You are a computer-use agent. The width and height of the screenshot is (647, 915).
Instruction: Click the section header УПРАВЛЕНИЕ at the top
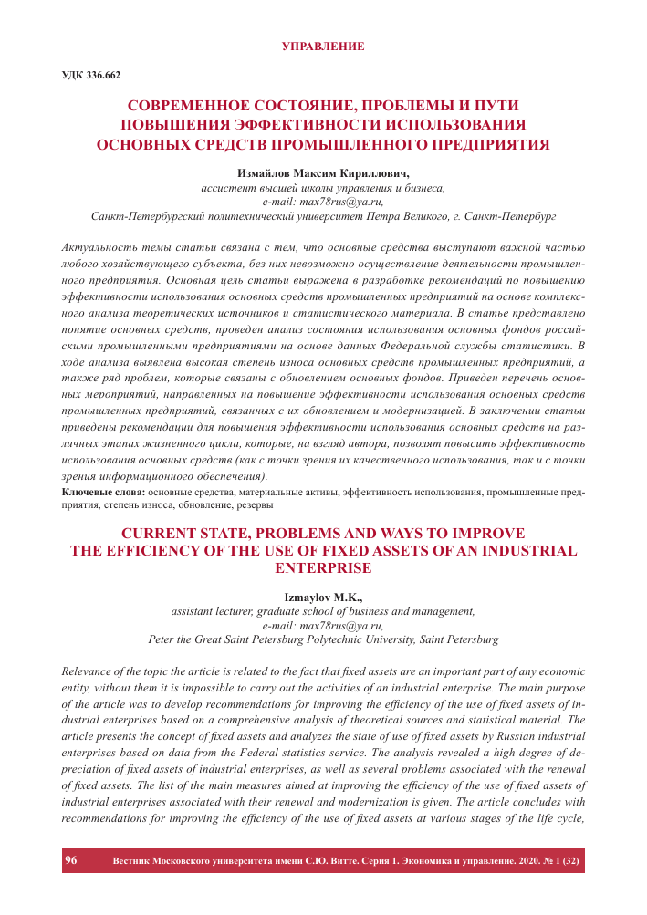(323, 46)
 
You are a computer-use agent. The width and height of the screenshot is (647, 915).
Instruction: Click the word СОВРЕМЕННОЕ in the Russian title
(195, 105)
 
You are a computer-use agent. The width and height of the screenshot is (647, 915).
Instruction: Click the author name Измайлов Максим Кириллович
(323, 173)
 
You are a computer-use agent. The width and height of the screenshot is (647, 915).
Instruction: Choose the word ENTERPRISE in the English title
(323, 567)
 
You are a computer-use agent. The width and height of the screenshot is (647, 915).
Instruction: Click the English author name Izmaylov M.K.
(323, 598)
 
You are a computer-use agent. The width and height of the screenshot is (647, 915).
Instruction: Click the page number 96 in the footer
(72, 859)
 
